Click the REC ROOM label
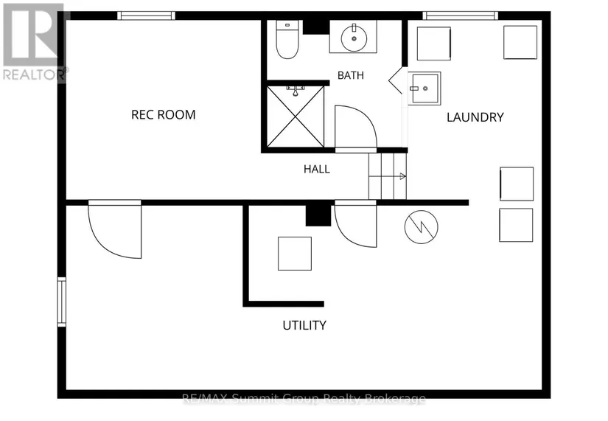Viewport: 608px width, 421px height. (x=164, y=115)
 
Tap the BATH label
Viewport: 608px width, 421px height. (x=351, y=75)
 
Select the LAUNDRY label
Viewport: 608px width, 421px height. (x=475, y=117)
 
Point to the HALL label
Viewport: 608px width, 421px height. (x=317, y=169)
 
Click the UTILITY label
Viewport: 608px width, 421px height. (x=304, y=325)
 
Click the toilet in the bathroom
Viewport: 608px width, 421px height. (x=287, y=40)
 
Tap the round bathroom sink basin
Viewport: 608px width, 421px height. (x=354, y=38)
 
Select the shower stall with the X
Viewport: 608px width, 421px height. (x=296, y=116)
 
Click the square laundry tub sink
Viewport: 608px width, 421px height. (x=424, y=88)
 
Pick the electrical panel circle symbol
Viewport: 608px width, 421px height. (x=421, y=227)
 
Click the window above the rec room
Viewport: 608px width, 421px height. (x=146, y=15)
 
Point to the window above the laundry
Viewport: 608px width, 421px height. (x=461, y=15)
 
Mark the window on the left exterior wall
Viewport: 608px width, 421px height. (x=62, y=302)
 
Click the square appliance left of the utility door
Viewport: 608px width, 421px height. (x=295, y=254)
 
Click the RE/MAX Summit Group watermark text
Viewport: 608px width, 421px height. (x=304, y=398)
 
